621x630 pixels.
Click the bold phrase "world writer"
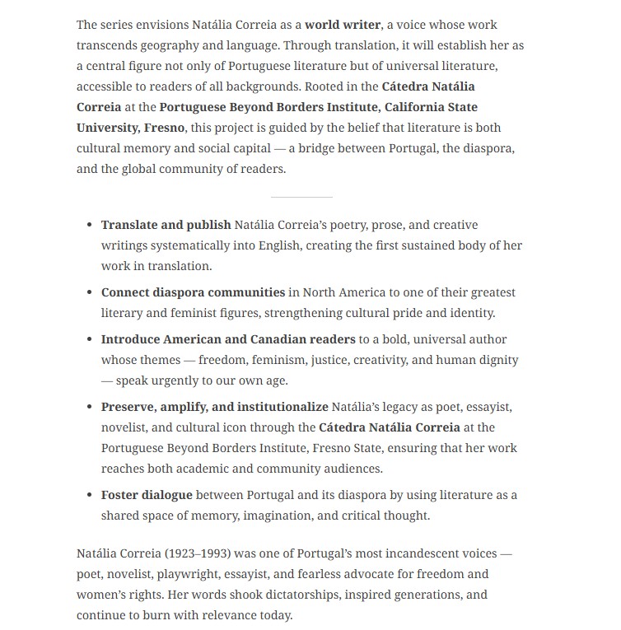(x=343, y=25)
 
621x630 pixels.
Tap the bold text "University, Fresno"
(x=131, y=128)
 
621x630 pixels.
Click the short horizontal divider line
(x=301, y=197)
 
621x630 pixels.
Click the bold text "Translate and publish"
(x=166, y=225)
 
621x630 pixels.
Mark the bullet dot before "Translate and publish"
(x=90, y=225)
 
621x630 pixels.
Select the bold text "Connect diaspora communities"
(x=193, y=292)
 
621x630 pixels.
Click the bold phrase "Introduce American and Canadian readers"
(x=228, y=339)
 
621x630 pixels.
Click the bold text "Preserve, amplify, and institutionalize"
(x=214, y=407)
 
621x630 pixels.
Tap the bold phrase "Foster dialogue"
(x=147, y=495)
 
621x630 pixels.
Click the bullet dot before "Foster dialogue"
(x=90, y=495)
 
